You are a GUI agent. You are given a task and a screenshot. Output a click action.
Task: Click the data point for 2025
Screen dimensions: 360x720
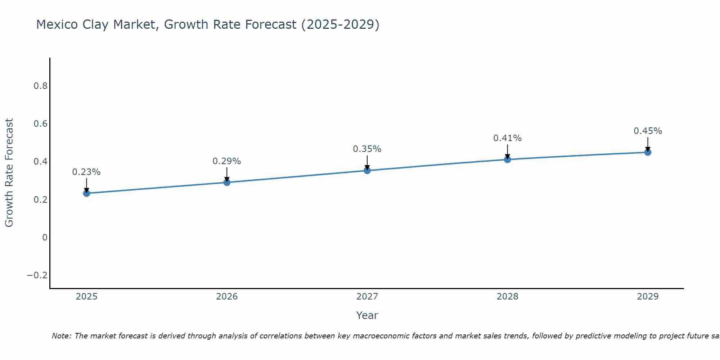(x=86, y=193)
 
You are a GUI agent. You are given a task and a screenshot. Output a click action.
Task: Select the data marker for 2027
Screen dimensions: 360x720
(x=367, y=170)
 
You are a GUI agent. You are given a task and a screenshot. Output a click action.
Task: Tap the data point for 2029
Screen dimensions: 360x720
(x=648, y=152)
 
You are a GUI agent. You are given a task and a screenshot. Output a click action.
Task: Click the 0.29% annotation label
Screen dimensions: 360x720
(x=226, y=161)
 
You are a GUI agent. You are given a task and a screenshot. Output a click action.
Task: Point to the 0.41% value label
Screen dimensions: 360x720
(x=507, y=138)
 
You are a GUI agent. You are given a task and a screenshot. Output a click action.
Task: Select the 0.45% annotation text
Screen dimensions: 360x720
(x=648, y=131)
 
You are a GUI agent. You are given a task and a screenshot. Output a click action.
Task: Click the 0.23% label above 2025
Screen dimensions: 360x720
(x=86, y=172)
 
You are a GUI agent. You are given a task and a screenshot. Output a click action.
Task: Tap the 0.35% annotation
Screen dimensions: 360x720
(x=367, y=149)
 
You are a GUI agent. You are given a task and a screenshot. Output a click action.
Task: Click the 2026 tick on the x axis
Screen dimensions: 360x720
(x=227, y=297)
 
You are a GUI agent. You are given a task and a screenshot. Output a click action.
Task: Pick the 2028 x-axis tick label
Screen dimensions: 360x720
(x=507, y=297)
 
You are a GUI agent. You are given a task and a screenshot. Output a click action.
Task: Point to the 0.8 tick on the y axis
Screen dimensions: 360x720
(x=40, y=86)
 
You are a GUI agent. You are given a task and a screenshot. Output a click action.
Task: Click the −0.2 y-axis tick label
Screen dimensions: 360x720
(x=37, y=275)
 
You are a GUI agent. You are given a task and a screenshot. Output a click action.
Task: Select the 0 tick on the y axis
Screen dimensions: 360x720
(x=45, y=238)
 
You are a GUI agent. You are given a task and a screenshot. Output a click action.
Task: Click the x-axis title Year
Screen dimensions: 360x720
(x=367, y=315)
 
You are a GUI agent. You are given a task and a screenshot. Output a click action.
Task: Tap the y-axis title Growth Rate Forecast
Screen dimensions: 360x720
(x=9, y=173)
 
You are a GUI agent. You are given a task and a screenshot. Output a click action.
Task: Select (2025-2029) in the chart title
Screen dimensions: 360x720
(x=340, y=25)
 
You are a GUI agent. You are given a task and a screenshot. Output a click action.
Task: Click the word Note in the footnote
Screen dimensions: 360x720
(x=62, y=336)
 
